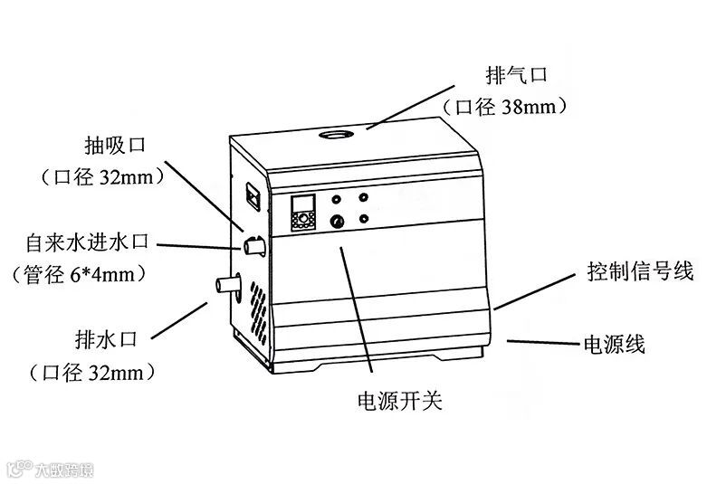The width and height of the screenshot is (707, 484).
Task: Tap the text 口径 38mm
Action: [505, 107]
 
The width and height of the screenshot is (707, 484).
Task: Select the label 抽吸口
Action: [115, 144]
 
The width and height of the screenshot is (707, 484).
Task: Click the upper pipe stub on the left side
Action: [253, 242]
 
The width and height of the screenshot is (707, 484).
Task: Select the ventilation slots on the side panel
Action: [257, 308]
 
